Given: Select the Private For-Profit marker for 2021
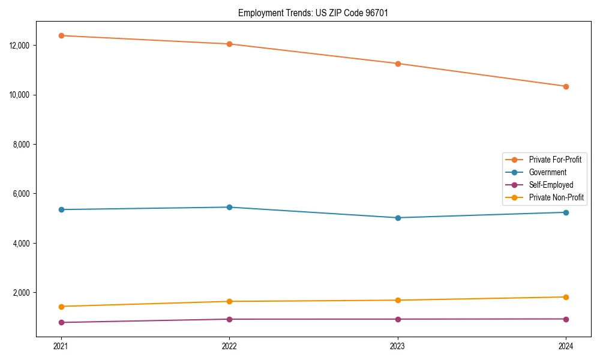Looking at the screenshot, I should click(61, 35).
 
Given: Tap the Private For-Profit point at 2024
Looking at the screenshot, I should click(566, 86).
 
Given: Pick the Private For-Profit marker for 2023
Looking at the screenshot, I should click(398, 64).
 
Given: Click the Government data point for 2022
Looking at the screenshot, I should click(229, 207).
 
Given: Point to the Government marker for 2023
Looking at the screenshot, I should click(398, 218).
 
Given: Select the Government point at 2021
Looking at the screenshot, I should click(61, 209).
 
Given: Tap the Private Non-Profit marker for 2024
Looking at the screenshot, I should click(566, 297).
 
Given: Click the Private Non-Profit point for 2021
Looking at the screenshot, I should click(61, 307).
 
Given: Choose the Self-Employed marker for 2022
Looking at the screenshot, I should click(229, 319).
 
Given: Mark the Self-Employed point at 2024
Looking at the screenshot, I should click(566, 319).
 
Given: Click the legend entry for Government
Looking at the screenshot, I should click(547, 172).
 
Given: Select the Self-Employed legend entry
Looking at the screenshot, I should click(551, 185).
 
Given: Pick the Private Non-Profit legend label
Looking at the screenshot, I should click(556, 197).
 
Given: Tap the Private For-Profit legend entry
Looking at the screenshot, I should click(555, 160).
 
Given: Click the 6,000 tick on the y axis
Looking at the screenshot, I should click(28, 194).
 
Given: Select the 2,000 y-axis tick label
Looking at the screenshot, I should click(28, 293).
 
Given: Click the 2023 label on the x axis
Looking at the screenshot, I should click(398, 346).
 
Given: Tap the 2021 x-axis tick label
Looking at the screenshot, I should click(61, 346).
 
